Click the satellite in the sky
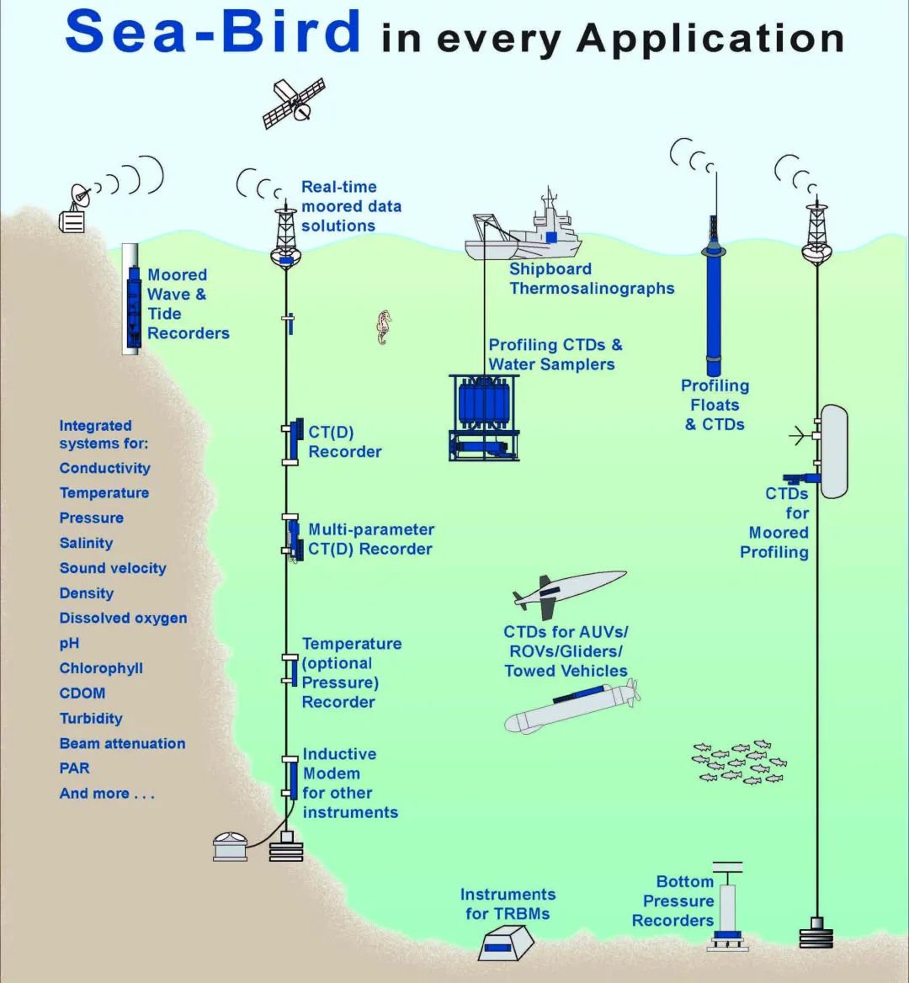click(294, 103)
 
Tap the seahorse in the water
click(384, 327)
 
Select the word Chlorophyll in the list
click(101, 668)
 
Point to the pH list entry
click(69, 643)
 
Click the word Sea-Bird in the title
click(212, 33)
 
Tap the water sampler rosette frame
click(483, 417)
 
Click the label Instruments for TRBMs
click(508, 904)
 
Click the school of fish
click(738, 762)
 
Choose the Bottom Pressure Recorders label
click(673, 901)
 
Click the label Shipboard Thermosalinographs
click(591, 279)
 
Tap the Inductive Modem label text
click(349, 783)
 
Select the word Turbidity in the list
click(91, 719)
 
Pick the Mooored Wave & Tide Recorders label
click(188, 304)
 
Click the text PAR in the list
click(74, 768)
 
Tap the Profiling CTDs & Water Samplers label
click(555, 354)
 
